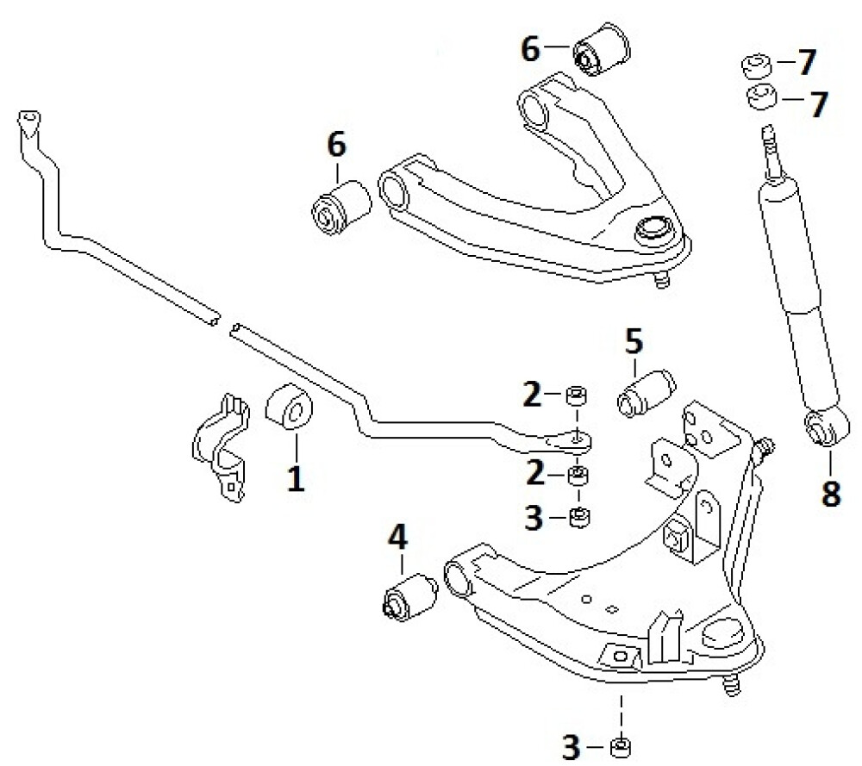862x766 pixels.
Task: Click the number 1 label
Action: click(296, 477)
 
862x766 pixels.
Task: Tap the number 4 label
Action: click(397, 539)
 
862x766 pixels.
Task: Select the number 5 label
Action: click(634, 343)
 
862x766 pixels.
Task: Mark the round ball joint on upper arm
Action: click(653, 231)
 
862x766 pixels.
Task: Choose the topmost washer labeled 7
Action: click(756, 65)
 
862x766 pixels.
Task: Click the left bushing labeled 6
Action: click(339, 206)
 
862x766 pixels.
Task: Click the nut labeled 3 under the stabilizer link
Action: click(579, 518)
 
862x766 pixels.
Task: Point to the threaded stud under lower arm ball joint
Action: click(733, 687)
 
